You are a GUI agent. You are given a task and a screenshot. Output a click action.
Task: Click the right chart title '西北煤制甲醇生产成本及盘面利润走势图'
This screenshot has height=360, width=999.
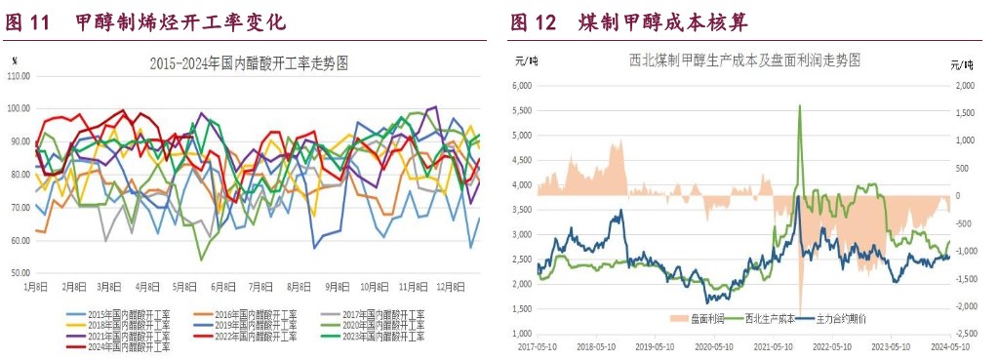click(745, 60)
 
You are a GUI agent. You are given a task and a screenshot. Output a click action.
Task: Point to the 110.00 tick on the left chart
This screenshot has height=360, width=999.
click(19, 75)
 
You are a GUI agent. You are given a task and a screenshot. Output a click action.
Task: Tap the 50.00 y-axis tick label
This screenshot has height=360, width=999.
click(19, 273)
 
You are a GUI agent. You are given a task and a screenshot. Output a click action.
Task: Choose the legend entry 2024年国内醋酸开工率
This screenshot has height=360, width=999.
click(129, 345)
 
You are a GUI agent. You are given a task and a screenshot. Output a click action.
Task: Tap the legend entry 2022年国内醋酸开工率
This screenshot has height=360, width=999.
click(256, 335)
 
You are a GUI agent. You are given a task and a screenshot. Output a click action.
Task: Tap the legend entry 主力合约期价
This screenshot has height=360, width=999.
click(845, 319)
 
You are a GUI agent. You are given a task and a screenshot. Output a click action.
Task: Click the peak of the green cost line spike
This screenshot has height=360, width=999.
click(800, 105)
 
